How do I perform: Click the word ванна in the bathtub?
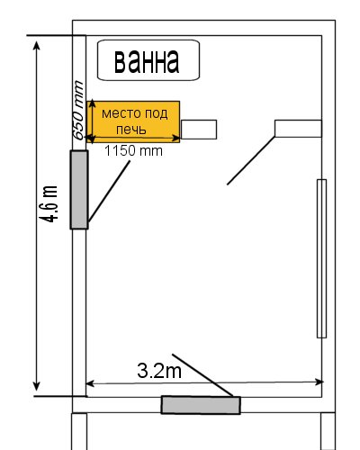point(147,61)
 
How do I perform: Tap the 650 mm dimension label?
point(78,111)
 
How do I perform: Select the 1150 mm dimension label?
point(133,150)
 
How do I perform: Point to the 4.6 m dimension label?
point(49,204)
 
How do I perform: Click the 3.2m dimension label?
point(159,371)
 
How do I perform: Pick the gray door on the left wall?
point(79,190)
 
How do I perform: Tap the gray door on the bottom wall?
point(201,405)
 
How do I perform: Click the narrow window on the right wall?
point(321,258)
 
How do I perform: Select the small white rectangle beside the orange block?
point(199,130)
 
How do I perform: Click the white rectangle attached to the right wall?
point(298,129)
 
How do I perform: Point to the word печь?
point(131,130)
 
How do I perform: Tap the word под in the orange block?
point(157,113)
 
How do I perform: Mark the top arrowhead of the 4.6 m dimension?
point(36,46)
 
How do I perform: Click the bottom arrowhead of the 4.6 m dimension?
point(36,386)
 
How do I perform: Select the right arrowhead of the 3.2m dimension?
point(319,382)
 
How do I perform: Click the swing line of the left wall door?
point(109,192)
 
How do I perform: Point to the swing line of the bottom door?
point(202,375)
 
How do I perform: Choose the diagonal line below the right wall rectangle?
point(251,160)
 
